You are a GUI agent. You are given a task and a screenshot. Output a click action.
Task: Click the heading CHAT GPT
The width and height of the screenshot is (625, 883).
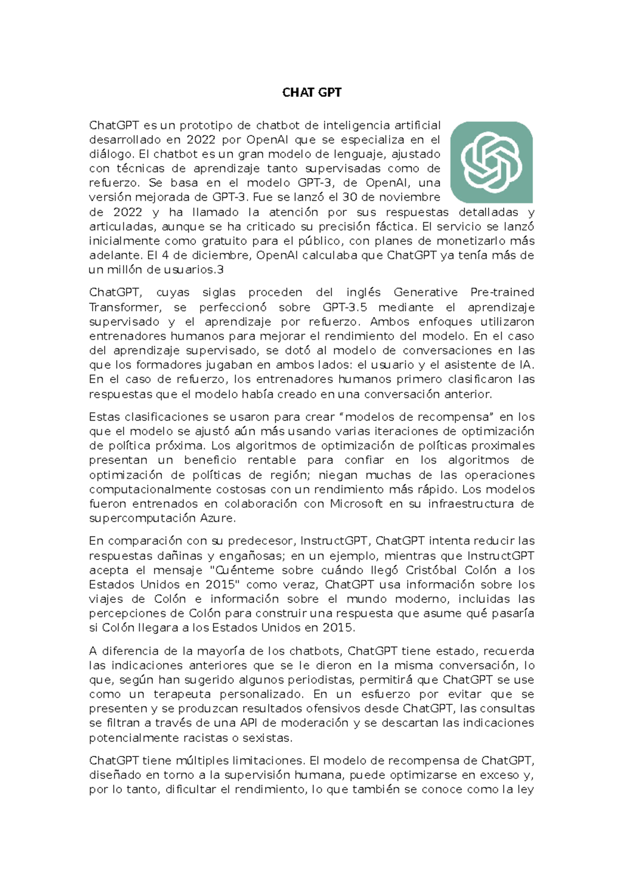pos(311,93)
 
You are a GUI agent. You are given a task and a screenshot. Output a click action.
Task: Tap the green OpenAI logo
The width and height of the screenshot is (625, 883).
pos(491,162)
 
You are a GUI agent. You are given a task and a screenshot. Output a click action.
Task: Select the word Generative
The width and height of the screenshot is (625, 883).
pos(426,293)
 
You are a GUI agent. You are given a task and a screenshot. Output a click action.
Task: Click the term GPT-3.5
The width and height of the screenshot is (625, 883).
pos(345,307)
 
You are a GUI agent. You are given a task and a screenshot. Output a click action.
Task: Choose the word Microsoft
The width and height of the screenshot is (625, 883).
pos(356,504)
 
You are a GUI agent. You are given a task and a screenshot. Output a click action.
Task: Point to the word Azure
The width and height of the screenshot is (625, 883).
pos(218,519)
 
